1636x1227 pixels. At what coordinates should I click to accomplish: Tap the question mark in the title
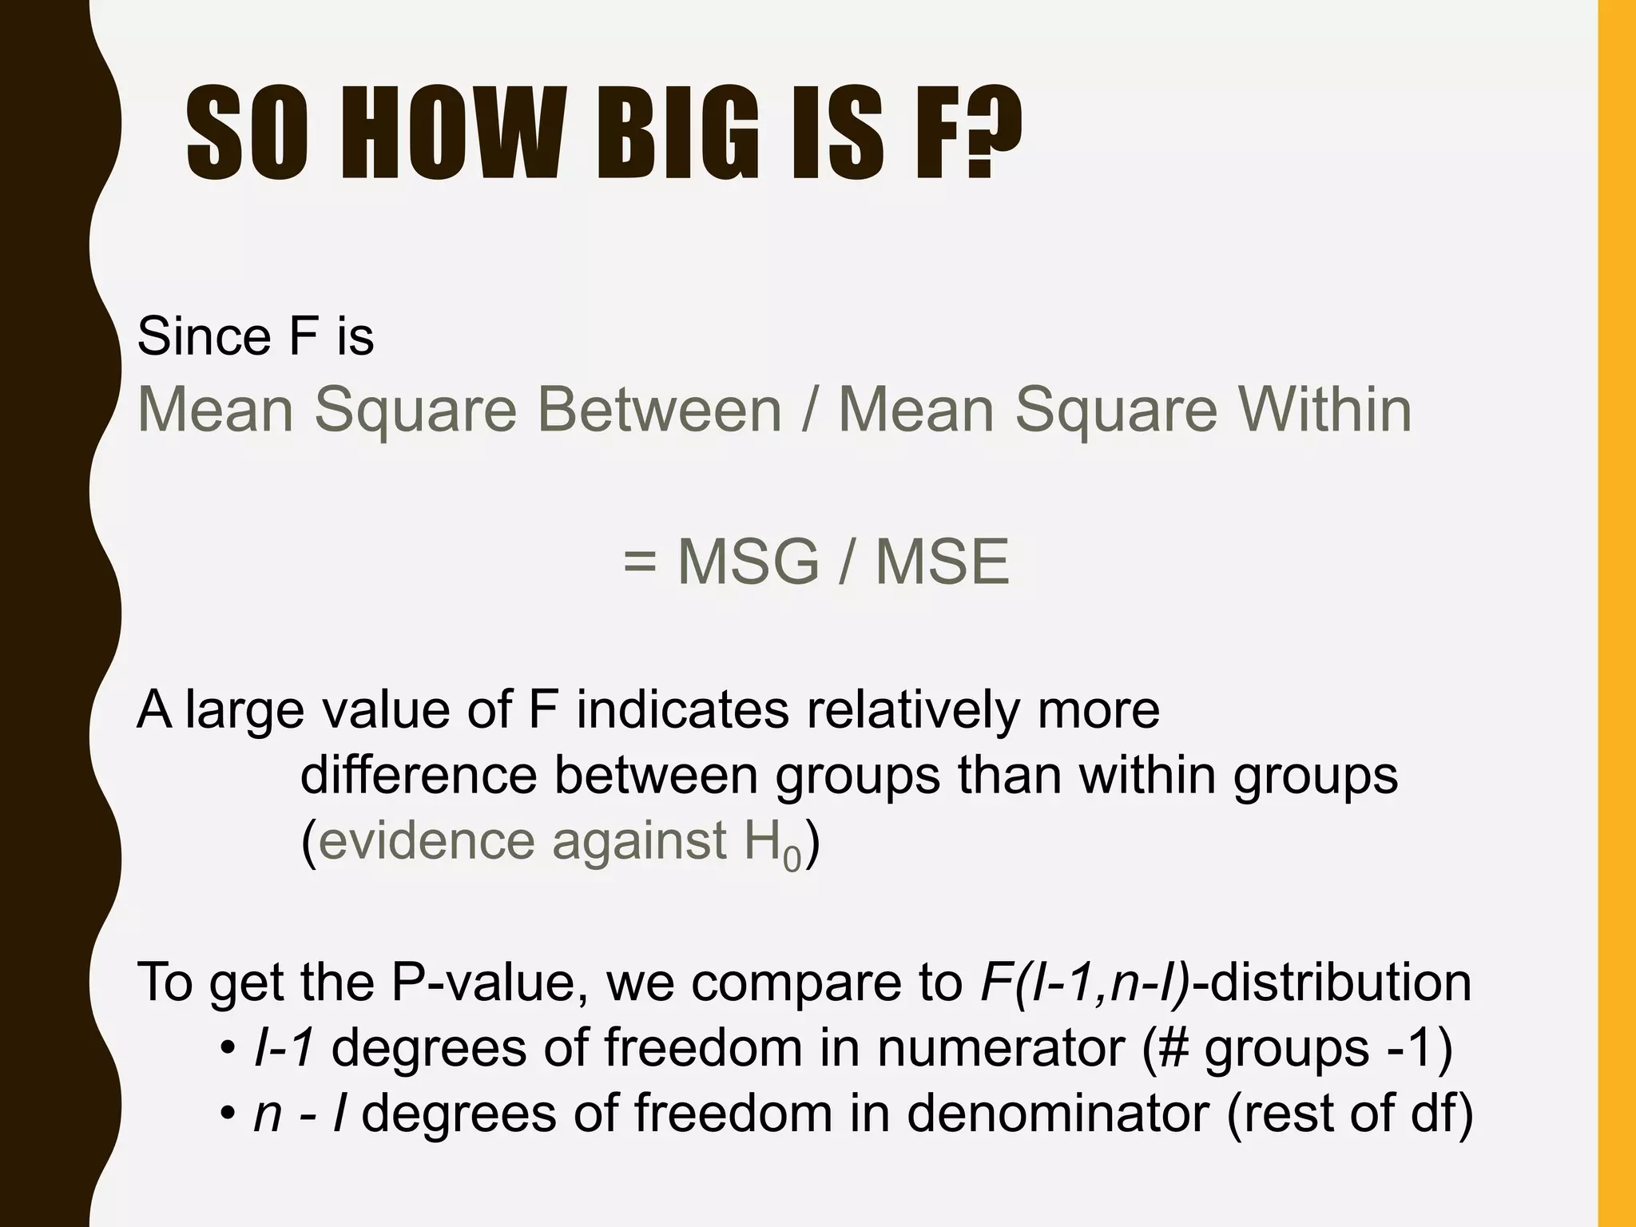click(991, 135)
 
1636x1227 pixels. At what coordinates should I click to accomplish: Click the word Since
click(204, 336)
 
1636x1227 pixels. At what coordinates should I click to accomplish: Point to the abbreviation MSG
click(749, 562)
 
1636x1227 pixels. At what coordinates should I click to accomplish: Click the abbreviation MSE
click(943, 562)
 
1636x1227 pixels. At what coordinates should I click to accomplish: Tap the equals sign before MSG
click(640, 562)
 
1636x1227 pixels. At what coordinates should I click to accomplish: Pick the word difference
click(419, 774)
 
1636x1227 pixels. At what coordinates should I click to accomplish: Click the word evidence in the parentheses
click(426, 840)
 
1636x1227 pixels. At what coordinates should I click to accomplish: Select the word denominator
click(1058, 1113)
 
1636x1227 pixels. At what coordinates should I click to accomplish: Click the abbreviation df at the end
click(1432, 1113)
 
